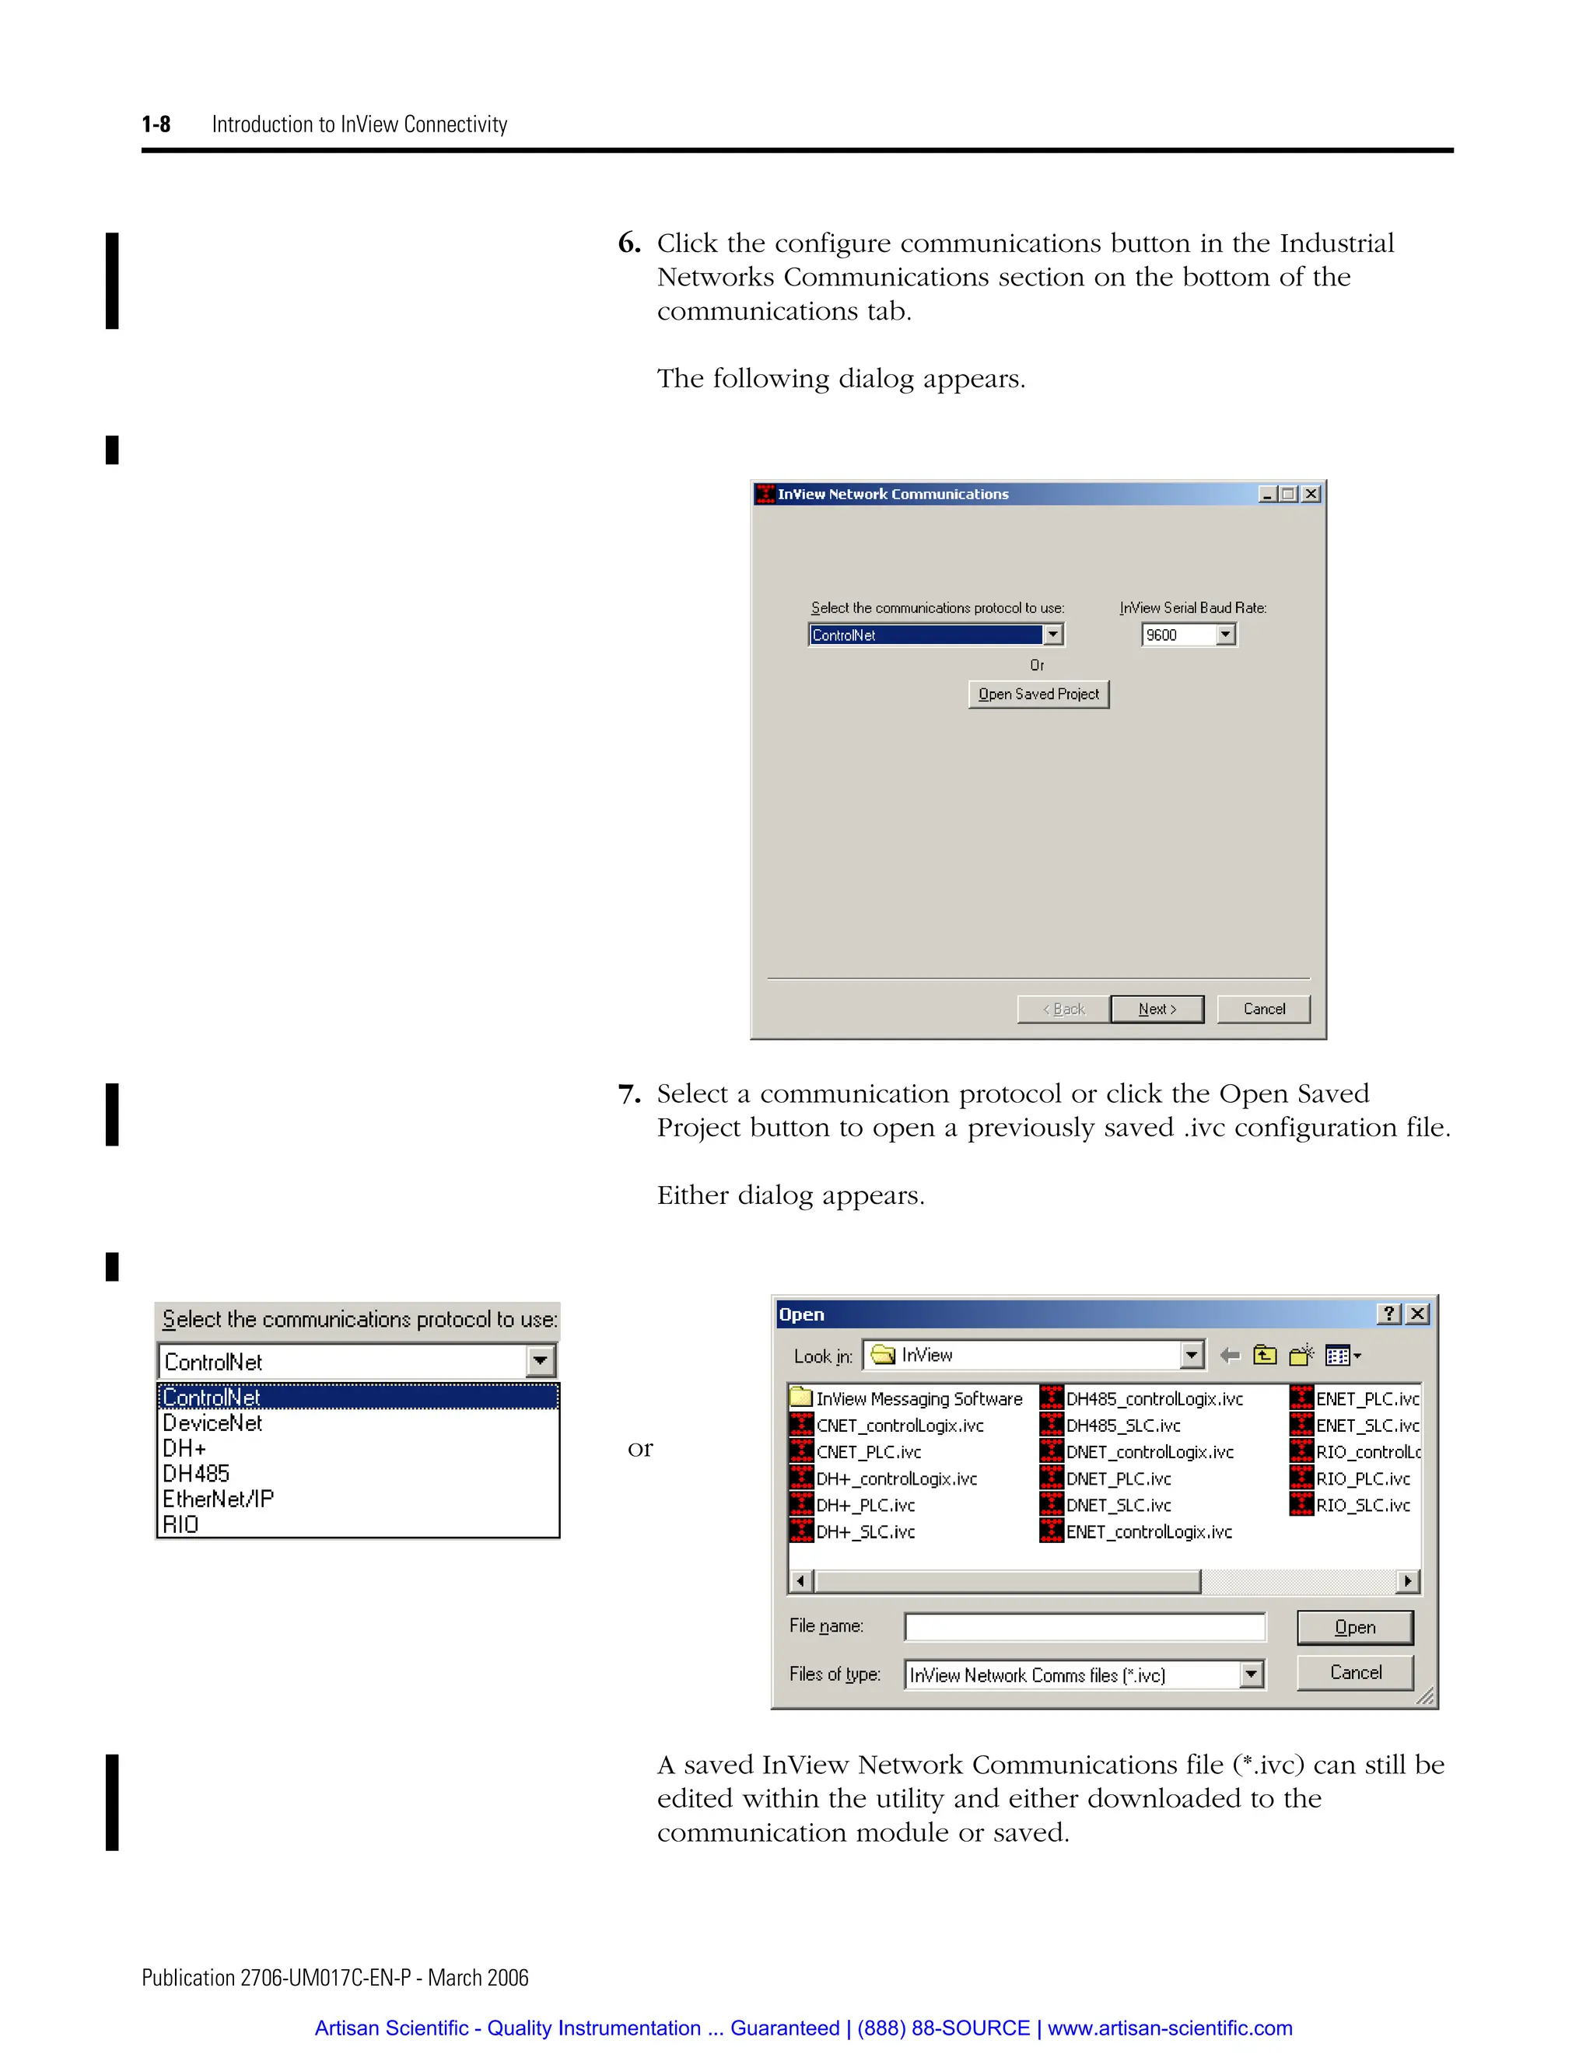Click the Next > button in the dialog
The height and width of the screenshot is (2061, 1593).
pyautogui.click(x=1157, y=1009)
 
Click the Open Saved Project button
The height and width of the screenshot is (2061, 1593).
pyautogui.click(x=1038, y=695)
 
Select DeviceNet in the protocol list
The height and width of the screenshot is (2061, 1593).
pyautogui.click(x=212, y=1423)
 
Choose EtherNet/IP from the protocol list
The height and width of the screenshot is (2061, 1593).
pyautogui.click(x=218, y=1499)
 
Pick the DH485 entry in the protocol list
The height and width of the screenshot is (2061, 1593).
pyautogui.click(x=196, y=1474)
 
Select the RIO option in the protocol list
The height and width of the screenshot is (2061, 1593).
pyautogui.click(x=180, y=1525)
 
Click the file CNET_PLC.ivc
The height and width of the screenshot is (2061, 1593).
pyautogui.click(x=867, y=1452)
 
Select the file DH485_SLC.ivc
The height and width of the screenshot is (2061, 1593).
pyautogui.click(x=1122, y=1426)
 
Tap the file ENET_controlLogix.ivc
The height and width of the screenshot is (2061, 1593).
pyautogui.click(x=1149, y=1531)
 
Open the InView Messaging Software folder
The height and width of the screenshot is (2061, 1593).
pyautogui.click(x=919, y=1399)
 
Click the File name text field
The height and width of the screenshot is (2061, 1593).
pyautogui.click(x=1084, y=1627)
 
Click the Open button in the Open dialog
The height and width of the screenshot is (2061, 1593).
pyautogui.click(x=1354, y=1627)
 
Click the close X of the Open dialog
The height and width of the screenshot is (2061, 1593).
pyautogui.click(x=1417, y=1314)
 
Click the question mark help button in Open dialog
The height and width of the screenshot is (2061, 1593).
pyautogui.click(x=1389, y=1314)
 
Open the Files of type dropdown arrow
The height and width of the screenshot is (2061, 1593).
pyautogui.click(x=1252, y=1675)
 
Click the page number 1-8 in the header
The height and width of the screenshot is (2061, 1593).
pyautogui.click(x=156, y=124)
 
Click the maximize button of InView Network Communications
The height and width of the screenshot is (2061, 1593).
pyautogui.click(x=1288, y=495)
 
